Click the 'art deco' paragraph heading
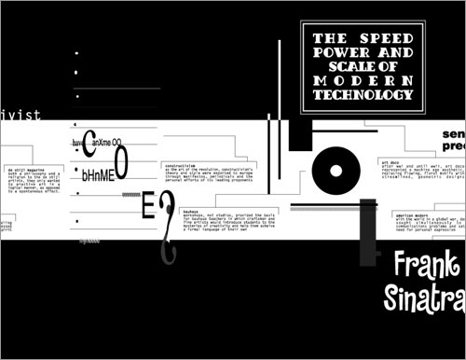(x=390, y=161)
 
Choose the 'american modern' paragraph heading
(x=397, y=214)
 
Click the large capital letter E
(x=147, y=208)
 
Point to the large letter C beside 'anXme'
(x=89, y=142)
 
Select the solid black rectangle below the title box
(x=298, y=135)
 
